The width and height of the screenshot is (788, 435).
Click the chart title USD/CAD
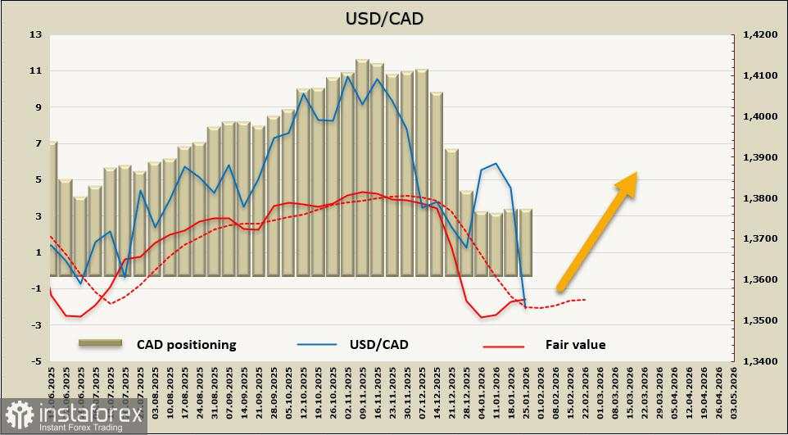tap(394, 17)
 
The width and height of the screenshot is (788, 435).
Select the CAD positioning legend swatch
tap(100, 343)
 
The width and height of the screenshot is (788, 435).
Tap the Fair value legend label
tap(575, 345)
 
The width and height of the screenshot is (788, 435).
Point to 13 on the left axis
tap(35, 35)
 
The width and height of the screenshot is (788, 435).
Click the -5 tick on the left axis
tap(35, 361)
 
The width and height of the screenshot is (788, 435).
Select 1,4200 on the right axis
tap(759, 35)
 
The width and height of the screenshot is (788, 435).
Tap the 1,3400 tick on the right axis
tap(759, 361)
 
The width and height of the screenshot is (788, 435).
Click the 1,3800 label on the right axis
tap(759, 198)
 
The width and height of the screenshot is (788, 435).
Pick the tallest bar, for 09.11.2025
tap(362, 168)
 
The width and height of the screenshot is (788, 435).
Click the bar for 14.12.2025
tap(437, 184)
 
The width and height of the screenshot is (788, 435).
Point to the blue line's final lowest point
tap(525, 308)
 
